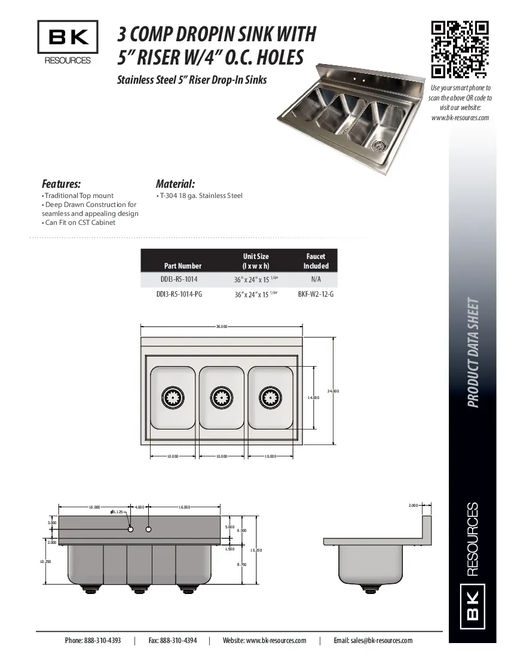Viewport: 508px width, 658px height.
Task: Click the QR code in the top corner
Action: (460, 50)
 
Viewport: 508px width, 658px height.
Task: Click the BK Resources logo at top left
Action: (68, 42)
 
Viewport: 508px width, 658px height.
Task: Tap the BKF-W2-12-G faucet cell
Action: (316, 294)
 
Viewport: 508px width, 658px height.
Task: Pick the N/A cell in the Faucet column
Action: (316, 279)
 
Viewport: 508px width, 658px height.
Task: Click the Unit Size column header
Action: (255, 261)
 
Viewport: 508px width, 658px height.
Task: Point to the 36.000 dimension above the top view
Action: (221, 327)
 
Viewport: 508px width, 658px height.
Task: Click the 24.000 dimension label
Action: (333, 391)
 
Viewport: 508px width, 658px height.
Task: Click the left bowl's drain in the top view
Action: (173, 396)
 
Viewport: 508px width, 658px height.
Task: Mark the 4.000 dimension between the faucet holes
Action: (139, 507)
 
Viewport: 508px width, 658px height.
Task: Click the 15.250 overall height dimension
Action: (256, 550)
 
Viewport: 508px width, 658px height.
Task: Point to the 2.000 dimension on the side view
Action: (413, 505)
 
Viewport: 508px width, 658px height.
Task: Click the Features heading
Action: (61, 184)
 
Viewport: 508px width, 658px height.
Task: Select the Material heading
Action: (175, 184)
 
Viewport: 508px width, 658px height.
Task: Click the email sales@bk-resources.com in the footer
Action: (373, 640)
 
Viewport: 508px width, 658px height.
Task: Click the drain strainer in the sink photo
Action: (379, 144)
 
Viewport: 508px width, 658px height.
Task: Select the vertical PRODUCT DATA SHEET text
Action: (473, 352)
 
